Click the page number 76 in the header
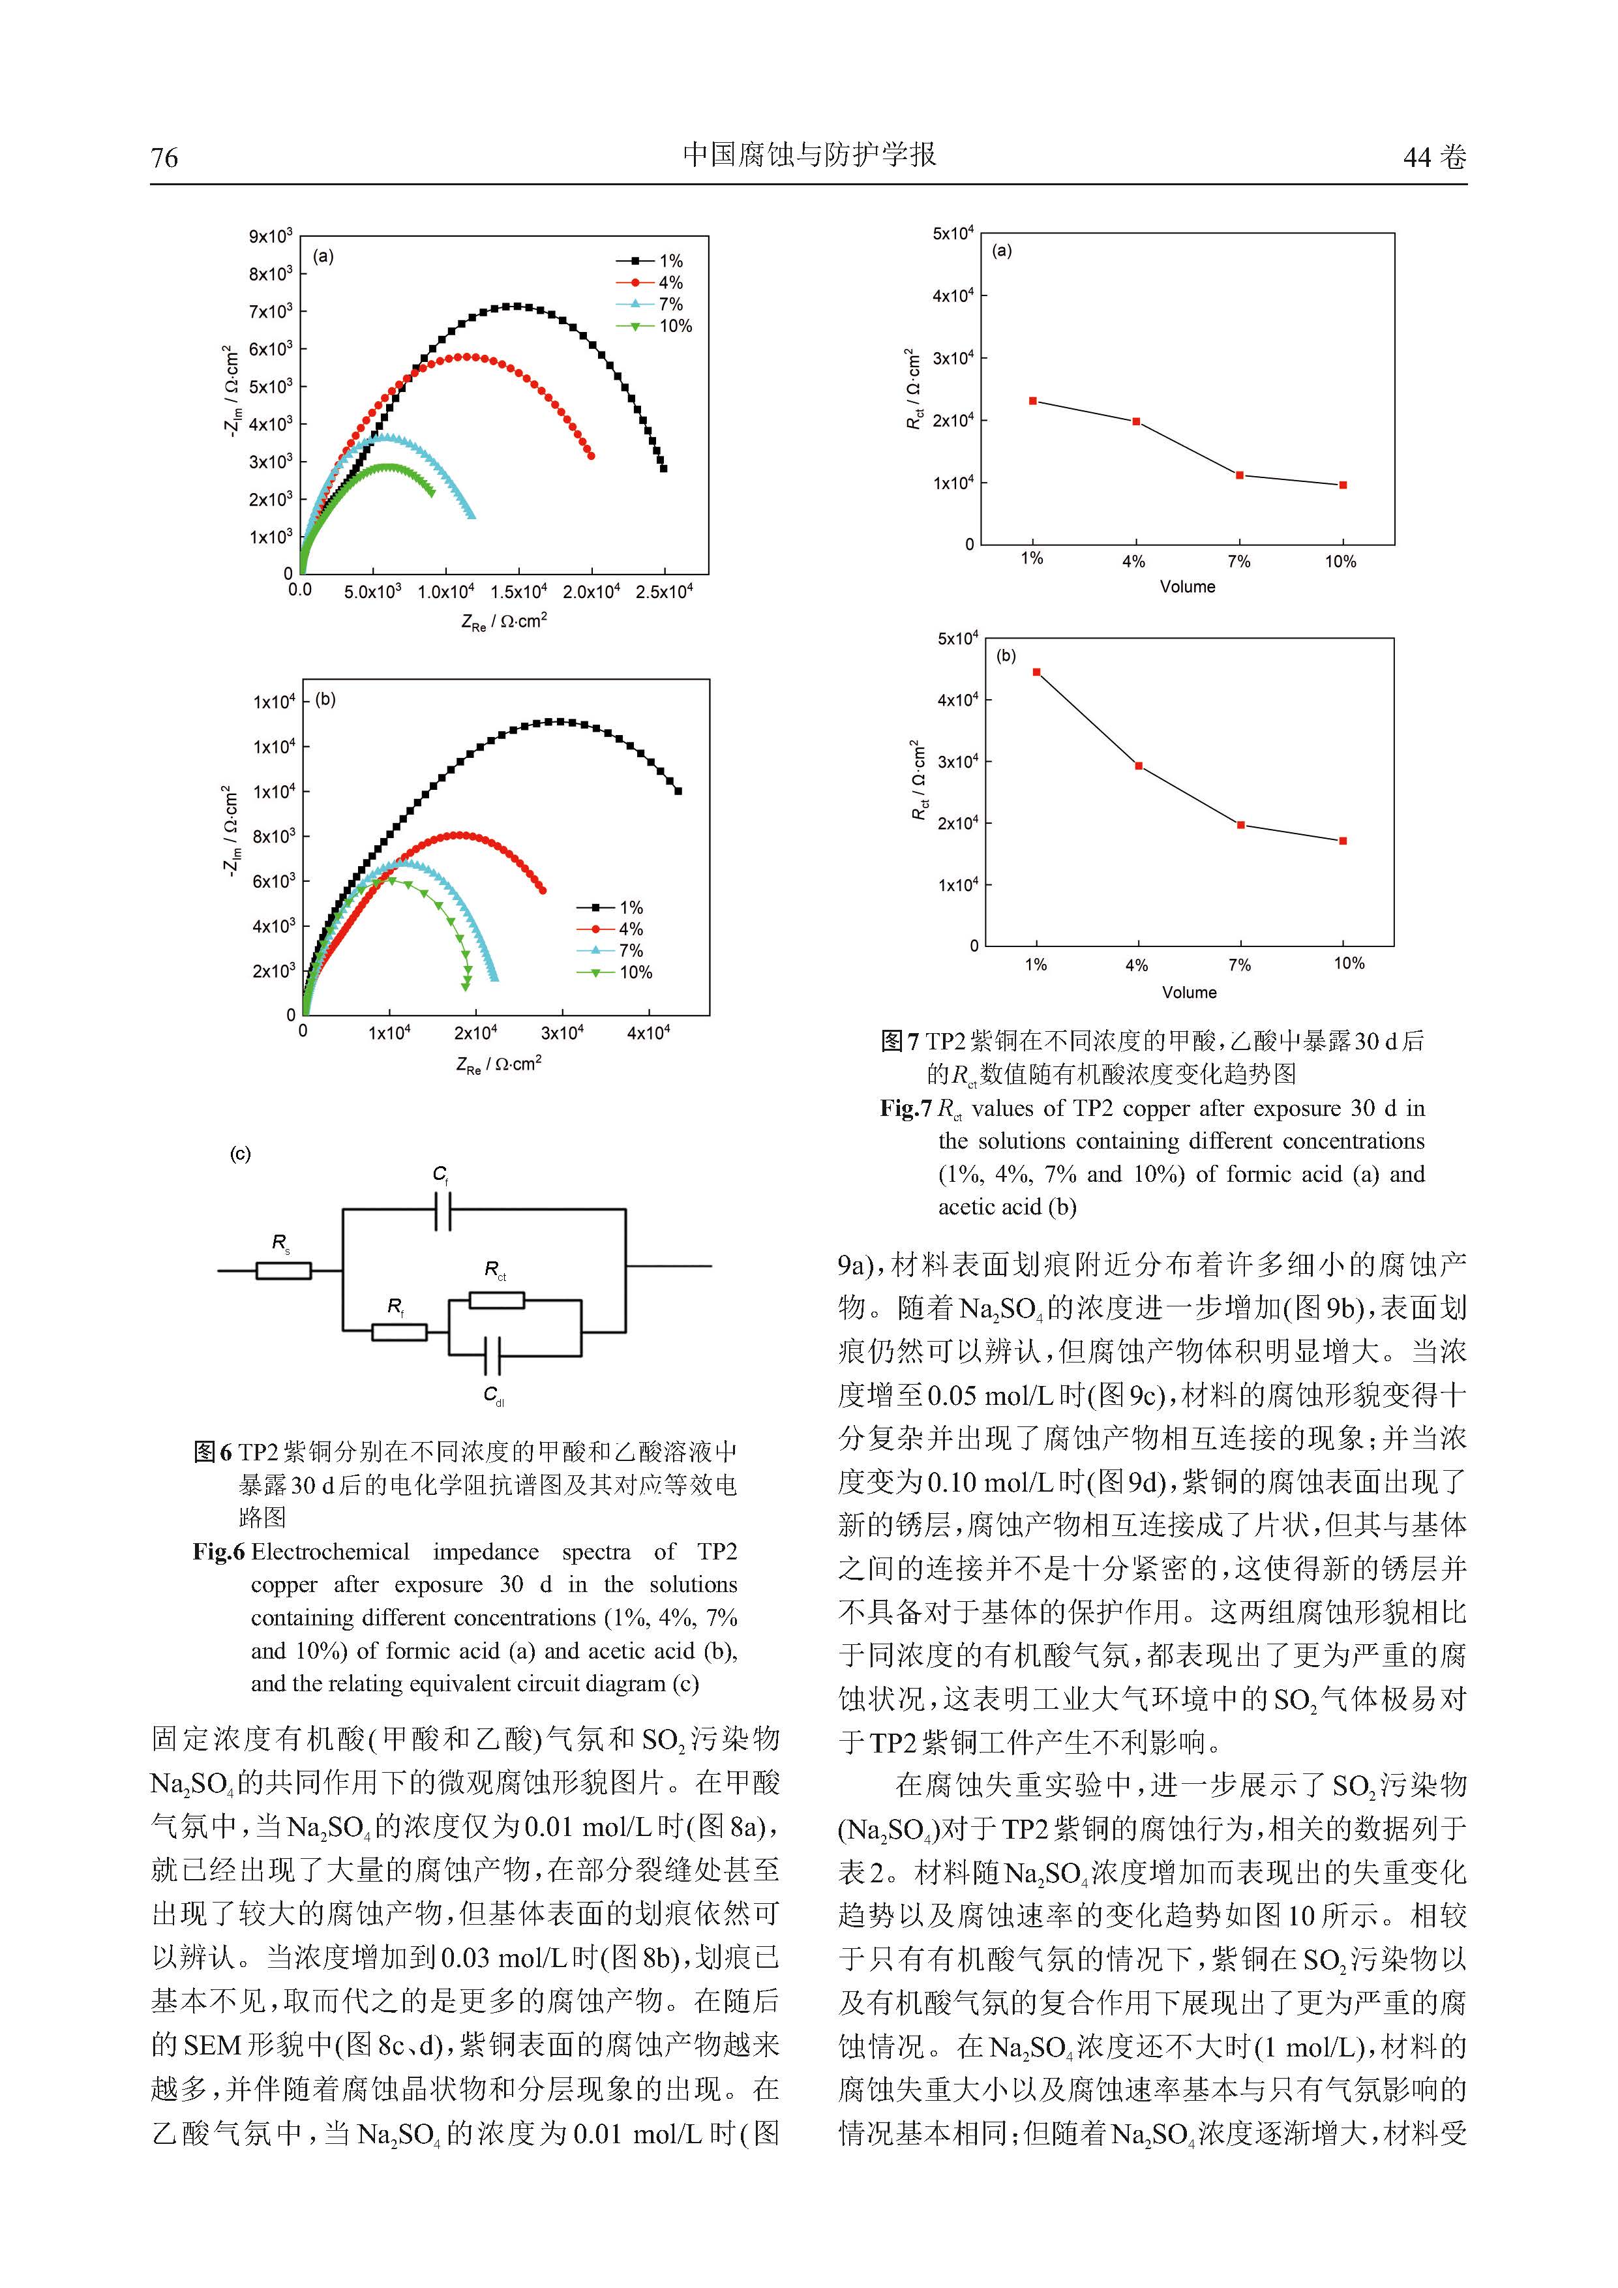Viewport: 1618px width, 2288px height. tap(164, 157)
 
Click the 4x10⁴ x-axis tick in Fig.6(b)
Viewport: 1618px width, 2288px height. tap(649, 1033)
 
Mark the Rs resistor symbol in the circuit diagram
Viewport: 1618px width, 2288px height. tap(283, 1270)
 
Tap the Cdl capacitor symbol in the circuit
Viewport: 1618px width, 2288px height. tap(492, 1356)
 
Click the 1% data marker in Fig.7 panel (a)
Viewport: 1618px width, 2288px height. tap(1033, 400)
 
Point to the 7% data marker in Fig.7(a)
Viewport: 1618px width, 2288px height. tap(1239, 475)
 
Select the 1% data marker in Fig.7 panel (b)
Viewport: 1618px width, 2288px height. tap(1037, 672)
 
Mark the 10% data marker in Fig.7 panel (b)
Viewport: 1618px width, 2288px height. tap(1343, 841)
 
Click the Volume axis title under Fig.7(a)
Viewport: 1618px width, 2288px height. tap(1187, 587)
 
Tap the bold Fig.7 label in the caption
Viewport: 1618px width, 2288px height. tap(905, 1108)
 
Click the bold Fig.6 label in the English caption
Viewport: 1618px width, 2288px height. tap(218, 1552)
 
